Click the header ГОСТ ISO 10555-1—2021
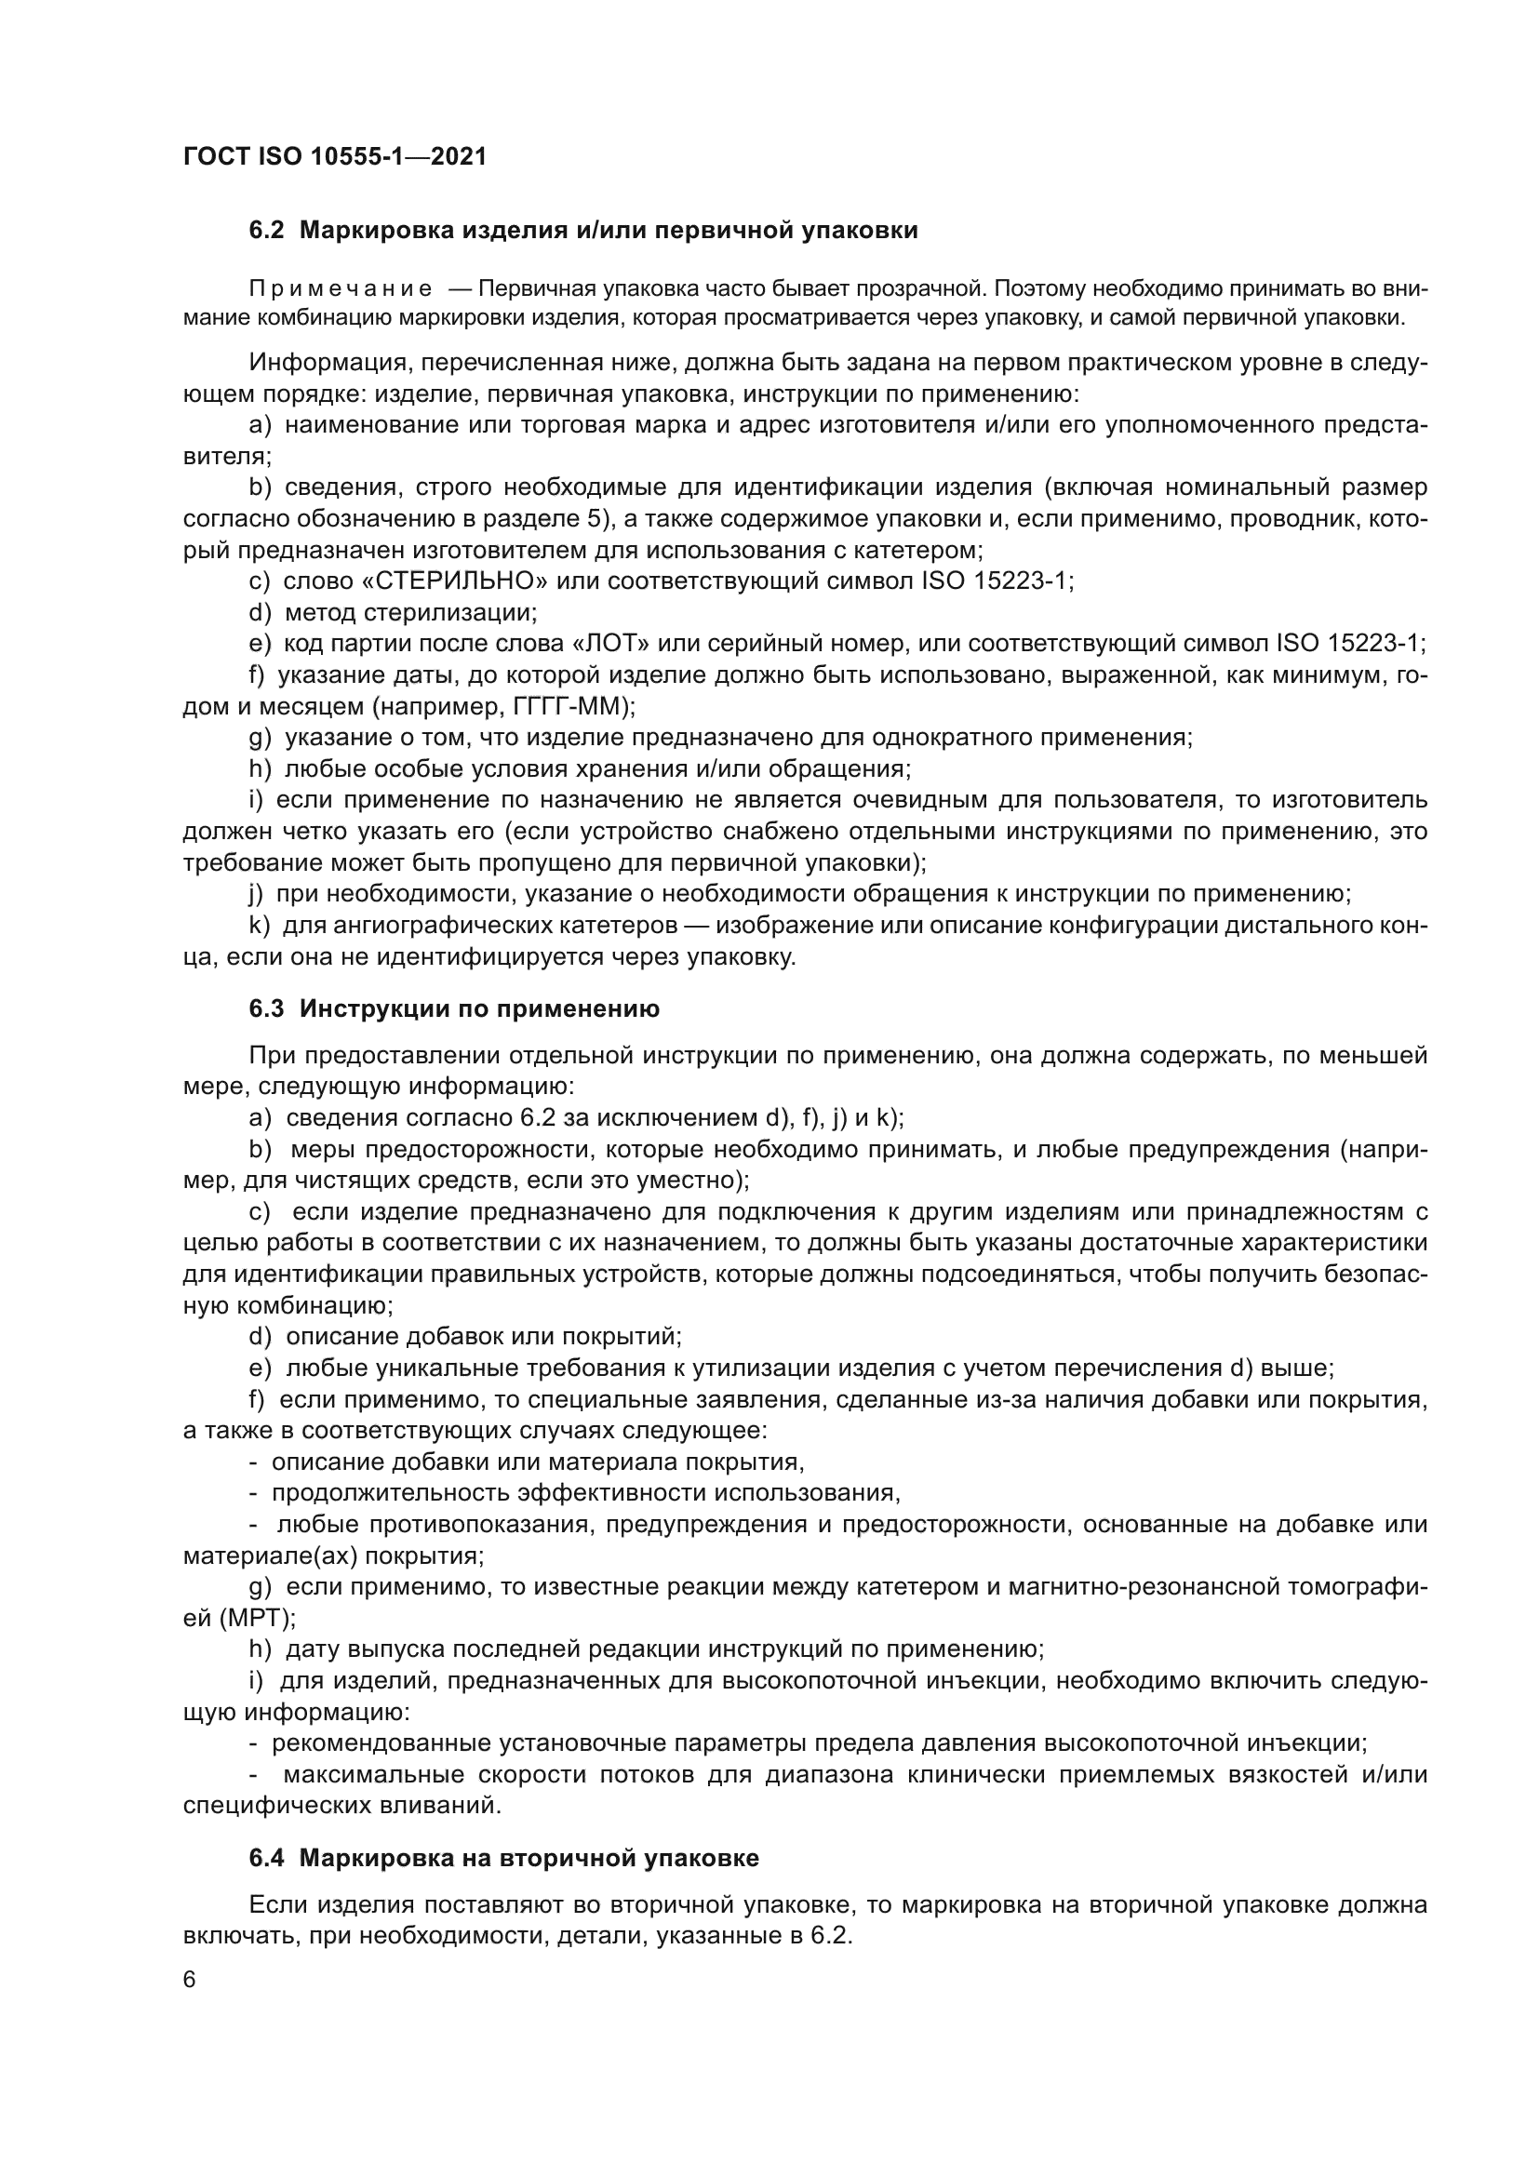coord(335,156)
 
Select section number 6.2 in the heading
coord(266,231)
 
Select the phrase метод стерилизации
coord(411,612)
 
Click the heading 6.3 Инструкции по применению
coord(454,1009)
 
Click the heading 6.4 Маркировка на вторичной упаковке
coord(503,1859)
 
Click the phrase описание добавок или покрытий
coord(483,1336)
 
